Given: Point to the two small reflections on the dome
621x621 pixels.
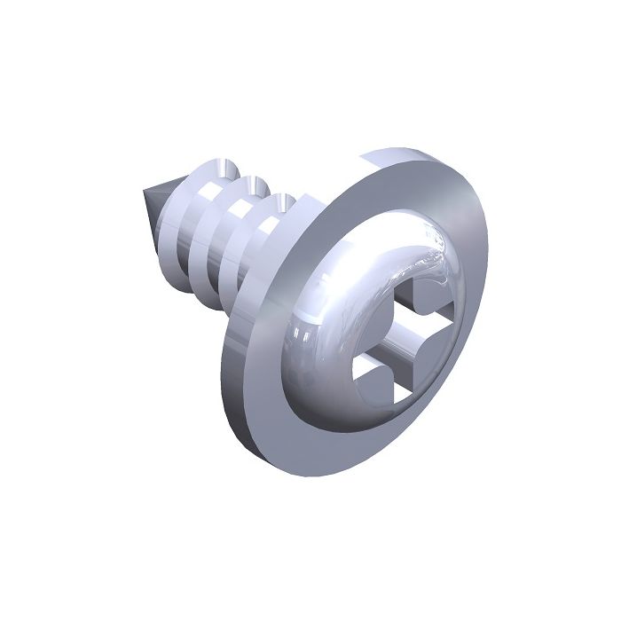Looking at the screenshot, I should pos(302,333).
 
